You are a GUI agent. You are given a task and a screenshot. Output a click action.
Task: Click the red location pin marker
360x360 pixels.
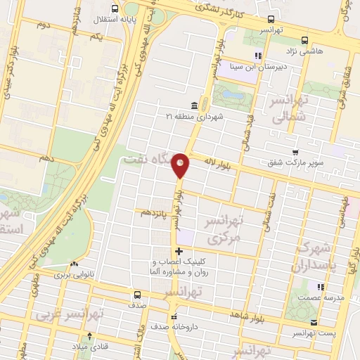[x=181, y=165]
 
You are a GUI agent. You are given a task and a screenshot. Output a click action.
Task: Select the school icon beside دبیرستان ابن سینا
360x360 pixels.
[x=258, y=55]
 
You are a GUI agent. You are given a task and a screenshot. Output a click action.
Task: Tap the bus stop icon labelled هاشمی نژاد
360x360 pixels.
[x=304, y=41]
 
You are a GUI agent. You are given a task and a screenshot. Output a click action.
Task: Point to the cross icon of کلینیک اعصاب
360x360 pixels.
[x=179, y=250]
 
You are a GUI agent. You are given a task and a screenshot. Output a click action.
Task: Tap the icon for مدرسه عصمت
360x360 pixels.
[x=321, y=287]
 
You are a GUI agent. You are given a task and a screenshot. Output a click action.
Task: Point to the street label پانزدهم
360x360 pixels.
[x=155, y=212]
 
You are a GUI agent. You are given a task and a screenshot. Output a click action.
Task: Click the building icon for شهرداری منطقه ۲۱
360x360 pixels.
[x=193, y=105]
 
